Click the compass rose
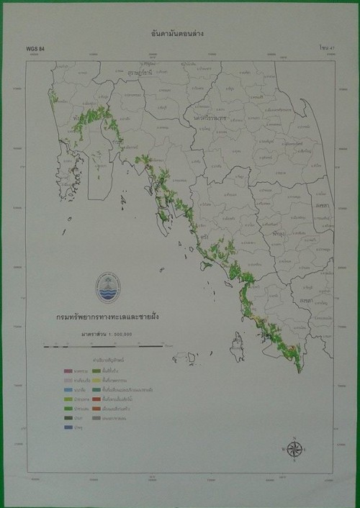coord(294,448)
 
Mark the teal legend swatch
coord(69,391)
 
